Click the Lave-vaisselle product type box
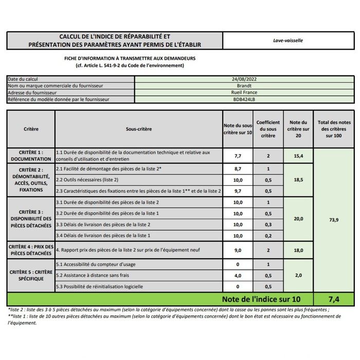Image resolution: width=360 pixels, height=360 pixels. [x=288, y=40]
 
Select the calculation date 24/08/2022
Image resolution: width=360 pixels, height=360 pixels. [x=244, y=79]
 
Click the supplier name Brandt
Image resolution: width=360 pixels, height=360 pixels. [x=244, y=86]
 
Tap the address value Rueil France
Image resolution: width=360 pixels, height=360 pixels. [x=244, y=93]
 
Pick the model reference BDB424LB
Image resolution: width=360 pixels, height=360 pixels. [x=244, y=99]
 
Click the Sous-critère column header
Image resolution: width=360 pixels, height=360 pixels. [x=138, y=129]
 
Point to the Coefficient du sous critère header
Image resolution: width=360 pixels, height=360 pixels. [x=268, y=129]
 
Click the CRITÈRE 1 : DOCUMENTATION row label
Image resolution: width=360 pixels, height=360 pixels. [x=31, y=156]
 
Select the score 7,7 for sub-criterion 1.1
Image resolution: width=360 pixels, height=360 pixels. [x=238, y=155]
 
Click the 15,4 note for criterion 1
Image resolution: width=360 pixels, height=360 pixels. [x=298, y=155]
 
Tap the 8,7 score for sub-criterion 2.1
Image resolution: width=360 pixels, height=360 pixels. [x=238, y=169]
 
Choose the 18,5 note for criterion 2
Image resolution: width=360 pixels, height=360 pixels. [x=298, y=179]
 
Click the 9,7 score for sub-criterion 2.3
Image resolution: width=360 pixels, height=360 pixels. [x=238, y=191]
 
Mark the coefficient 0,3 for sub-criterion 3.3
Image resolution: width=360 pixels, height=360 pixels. [x=268, y=224]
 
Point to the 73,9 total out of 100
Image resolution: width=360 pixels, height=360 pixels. [x=334, y=219]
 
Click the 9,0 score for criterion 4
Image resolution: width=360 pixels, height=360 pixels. [x=238, y=250]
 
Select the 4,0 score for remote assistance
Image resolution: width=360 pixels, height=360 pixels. [x=238, y=275]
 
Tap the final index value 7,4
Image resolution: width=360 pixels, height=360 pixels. [x=334, y=299]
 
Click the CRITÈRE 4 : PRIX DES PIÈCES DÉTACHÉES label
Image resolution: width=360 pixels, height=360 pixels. [x=31, y=250]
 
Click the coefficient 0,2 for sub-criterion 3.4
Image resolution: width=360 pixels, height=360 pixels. [x=268, y=236]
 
